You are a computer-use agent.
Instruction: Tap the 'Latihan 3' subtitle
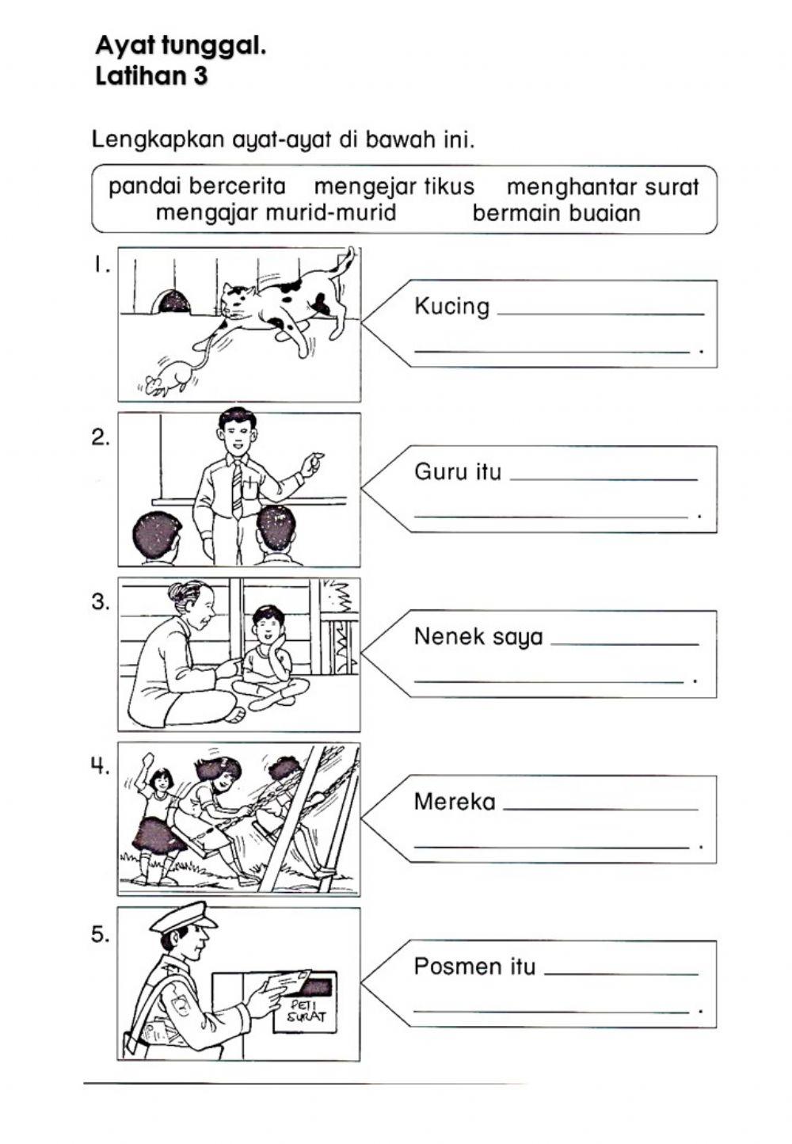coord(151,77)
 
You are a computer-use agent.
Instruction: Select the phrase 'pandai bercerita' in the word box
coord(196,186)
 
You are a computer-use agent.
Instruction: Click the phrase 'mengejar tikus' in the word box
coord(394,187)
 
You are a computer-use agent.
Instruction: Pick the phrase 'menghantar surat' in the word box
coord(602,188)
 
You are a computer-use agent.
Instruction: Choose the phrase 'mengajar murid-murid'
coord(276,213)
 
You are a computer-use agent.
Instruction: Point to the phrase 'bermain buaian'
coord(556,213)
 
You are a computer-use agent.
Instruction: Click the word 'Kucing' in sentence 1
coord(451,307)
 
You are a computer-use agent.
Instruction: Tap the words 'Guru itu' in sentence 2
coord(458,472)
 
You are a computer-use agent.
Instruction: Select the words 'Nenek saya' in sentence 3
coord(478,637)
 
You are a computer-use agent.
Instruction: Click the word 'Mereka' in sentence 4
coord(455,802)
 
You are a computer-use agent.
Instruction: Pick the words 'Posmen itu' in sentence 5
coord(474,967)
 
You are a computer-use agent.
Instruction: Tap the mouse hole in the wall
coord(172,302)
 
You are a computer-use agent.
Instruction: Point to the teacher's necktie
coord(236,490)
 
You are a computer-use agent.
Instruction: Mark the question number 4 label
coord(99,766)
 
